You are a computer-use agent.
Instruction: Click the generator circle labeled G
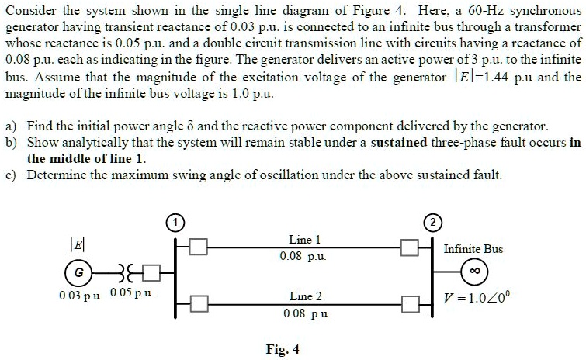[x=76, y=273]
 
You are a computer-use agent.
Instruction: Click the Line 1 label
[x=304, y=240]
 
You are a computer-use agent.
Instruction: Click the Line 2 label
[x=305, y=296]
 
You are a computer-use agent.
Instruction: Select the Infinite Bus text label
[x=473, y=249]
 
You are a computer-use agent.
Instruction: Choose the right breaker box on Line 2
[x=409, y=303]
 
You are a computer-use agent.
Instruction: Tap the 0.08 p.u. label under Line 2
[x=305, y=314]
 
